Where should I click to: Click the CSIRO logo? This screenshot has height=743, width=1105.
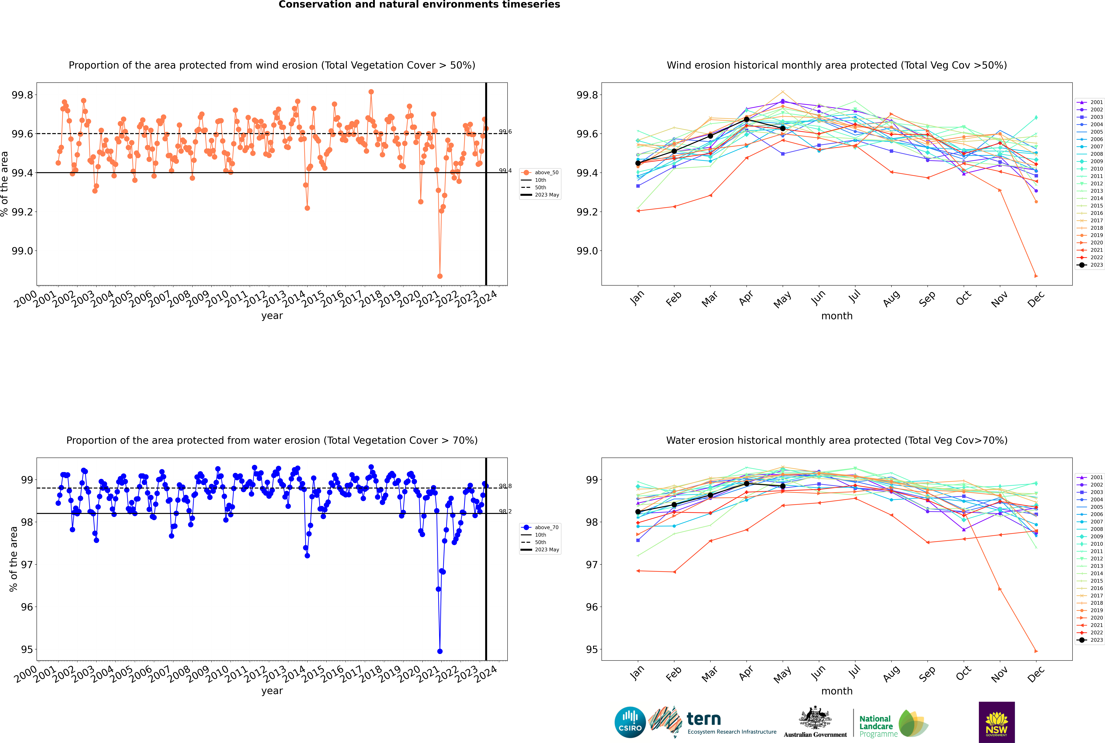click(x=630, y=722)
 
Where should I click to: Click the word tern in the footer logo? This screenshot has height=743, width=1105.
click(x=704, y=719)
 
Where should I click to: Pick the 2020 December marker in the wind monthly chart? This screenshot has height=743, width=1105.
click(x=1036, y=276)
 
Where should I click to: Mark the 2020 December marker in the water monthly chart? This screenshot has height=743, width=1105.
click(x=1036, y=651)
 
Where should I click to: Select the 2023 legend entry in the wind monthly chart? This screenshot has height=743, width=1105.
click(x=1091, y=265)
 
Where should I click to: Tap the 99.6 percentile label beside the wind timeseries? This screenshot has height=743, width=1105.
click(x=505, y=132)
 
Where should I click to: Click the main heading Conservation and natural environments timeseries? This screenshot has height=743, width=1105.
click(x=419, y=5)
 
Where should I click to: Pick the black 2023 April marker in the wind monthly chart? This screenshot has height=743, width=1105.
click(x=746, y=119)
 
